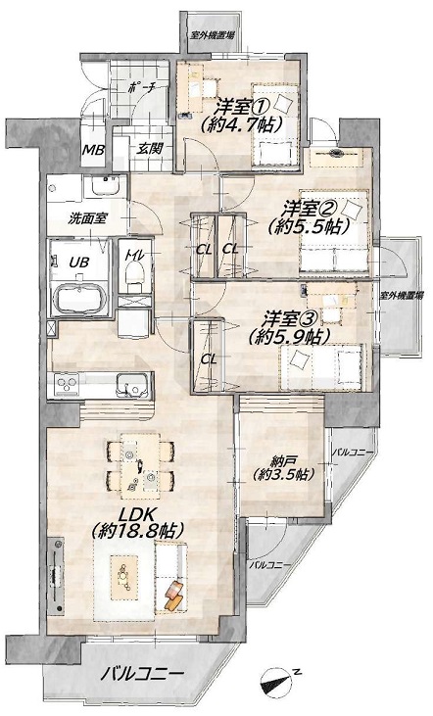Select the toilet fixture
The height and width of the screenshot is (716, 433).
click(134, 277)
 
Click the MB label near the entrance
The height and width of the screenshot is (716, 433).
click(93, 150)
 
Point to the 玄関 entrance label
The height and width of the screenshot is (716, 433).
click(150, 148)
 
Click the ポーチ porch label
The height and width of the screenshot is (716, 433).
click(142, 88)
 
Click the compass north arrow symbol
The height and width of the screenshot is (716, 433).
click(277, 682)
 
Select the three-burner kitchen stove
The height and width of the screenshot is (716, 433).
click(68, 385)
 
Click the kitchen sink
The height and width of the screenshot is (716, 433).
click(133, 385)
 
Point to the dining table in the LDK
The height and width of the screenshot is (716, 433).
click(140, 466)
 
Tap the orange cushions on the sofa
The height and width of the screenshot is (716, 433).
click(174, 596)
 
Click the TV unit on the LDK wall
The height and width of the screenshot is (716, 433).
click(57, 575)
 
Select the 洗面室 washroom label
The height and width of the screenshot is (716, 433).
click(88, 218)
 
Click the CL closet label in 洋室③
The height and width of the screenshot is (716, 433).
click(209, 359)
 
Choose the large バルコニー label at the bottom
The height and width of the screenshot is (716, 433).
click(142, 674)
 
